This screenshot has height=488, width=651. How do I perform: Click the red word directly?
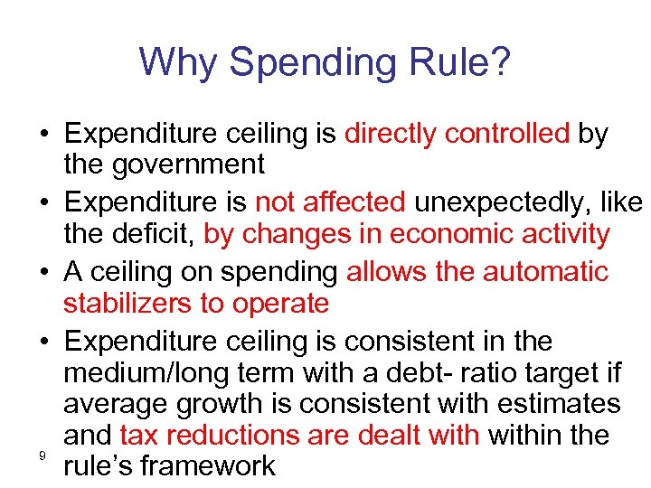pos(390,134)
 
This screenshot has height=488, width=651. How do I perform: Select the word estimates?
pos(554,403)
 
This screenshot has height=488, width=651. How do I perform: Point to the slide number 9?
pos(42,456)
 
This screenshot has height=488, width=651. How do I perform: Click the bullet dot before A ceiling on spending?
pos(44,271)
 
